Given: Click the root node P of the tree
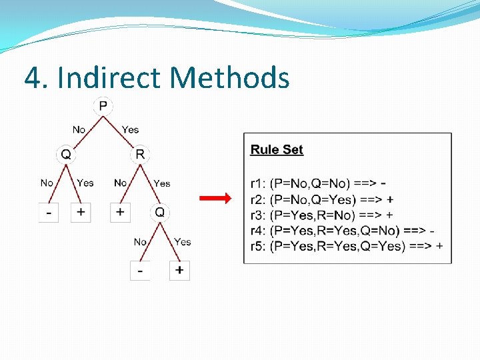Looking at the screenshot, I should click(103, 106).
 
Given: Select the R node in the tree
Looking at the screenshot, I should click(140, 155).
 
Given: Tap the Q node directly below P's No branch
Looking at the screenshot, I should click(66, 155).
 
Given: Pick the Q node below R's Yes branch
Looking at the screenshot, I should click(160, 213).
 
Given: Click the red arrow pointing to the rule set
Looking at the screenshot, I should click(215, 198).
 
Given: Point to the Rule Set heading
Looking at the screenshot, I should click(277, 149).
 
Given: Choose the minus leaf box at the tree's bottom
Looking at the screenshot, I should click(140, 270).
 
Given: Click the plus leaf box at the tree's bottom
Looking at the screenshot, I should click(179, 270).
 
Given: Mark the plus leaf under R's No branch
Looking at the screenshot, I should click(121, 212).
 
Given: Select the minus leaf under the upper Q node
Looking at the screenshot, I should click(49, 212).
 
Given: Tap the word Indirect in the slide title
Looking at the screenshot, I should click(110, 78).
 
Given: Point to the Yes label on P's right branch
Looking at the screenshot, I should click(131, 129).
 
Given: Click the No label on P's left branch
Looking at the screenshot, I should click(79, 129).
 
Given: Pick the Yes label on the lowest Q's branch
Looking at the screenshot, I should click(182, 241).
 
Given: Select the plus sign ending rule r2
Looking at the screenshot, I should click(389, 199).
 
